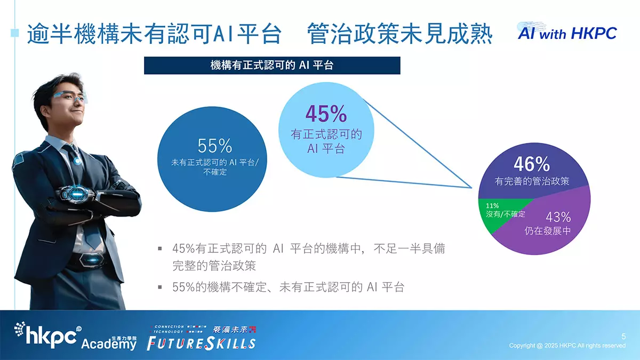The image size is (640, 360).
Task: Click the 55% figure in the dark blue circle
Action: [214, 146]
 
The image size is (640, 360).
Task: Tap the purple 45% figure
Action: [326, 114]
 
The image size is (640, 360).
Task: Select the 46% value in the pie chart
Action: [532, 164]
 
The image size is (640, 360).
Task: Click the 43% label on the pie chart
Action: [558, 217]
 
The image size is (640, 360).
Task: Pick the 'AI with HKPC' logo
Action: [567, 33]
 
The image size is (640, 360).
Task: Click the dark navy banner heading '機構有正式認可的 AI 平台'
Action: [272, 66]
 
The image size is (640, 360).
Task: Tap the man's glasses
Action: [70, 97]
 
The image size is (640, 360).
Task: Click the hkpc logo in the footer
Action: [47, 335]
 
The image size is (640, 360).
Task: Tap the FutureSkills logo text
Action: [201, 343]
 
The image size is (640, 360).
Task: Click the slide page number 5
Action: [623, 337]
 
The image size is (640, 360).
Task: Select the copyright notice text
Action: [567, 346]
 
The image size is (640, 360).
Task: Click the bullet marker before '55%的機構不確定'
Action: [160, 287]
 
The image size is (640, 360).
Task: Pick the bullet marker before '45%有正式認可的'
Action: [160, 249]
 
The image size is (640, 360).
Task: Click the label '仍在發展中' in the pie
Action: [547, 230]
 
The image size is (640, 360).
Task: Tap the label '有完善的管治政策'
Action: [532, 181]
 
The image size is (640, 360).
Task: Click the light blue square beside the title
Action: [15, 33]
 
